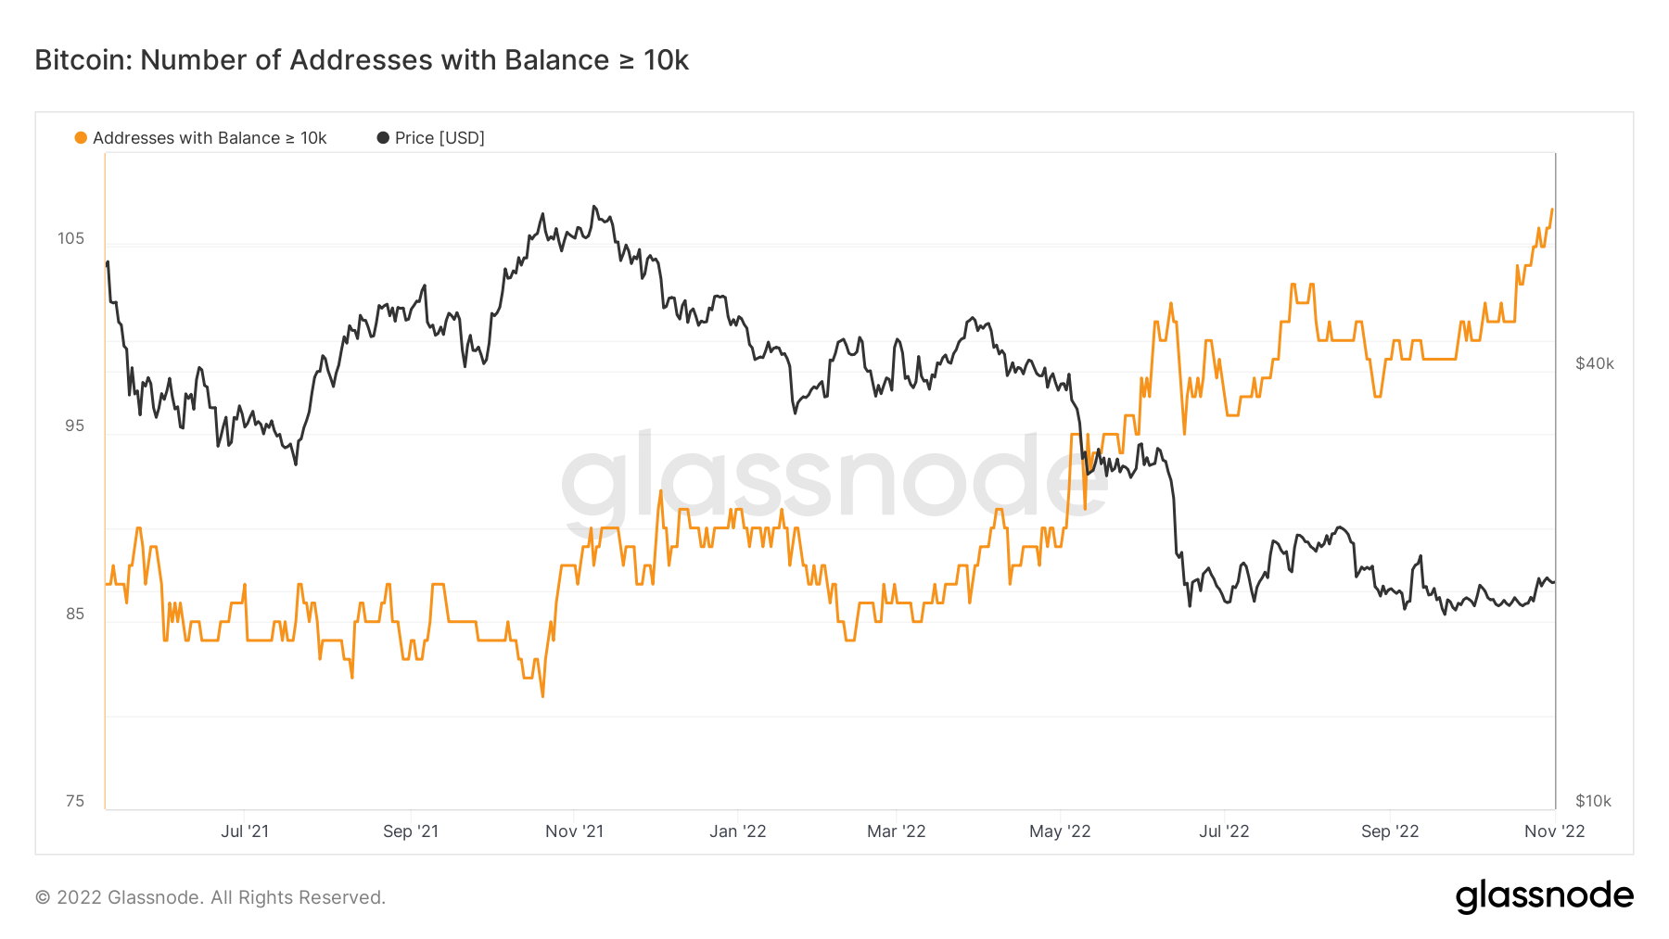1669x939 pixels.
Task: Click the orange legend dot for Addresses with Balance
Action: [x=81, y=138]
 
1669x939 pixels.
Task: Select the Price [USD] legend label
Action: [x=440, y=138]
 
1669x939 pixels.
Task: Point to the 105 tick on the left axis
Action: [x=70, y=238]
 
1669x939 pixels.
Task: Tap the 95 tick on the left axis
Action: [x=74, y=425]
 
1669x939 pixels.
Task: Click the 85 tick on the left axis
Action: [x=74, y=614]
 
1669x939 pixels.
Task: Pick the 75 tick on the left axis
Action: [x=74, y=801]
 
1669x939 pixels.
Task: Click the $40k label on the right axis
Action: [x=1595, y=363]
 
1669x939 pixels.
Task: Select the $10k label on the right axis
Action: [x=1593, y=801]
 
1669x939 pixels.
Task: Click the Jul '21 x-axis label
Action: [x=245, y=831]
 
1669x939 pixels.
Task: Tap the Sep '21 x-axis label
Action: [x=411, y=831]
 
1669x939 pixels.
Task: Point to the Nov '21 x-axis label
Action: [x=574, y=831]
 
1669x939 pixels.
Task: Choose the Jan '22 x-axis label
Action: [x=738, y=831]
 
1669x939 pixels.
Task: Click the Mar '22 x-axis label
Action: [x=897, y=831]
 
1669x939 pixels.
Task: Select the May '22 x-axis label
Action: [x=1060, y=831]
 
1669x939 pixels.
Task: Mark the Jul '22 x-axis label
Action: [x=1224, y=831]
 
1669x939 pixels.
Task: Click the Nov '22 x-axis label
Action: [x=1555, y=831]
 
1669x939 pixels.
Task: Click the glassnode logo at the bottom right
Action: [x=1544, y=896]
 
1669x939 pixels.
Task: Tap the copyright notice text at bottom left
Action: [x=210, y=897]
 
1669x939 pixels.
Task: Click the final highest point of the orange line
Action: [x=1552, y=209]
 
